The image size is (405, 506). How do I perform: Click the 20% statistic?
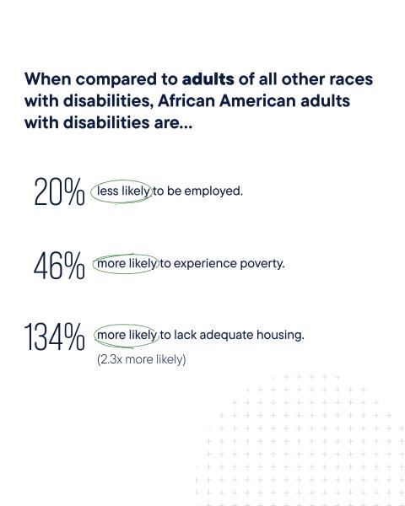click(59, 193)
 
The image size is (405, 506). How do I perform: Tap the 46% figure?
click(59, 266)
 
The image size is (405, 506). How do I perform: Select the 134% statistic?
click(55, 338)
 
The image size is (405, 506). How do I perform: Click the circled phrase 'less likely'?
click(123, 191)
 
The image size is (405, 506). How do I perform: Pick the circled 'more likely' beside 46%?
click(127, 264)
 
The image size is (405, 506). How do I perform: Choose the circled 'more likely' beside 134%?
click(127, 336)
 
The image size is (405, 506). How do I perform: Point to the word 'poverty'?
click(262, 264)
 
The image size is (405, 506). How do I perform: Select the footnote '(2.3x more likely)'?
click(142, 359)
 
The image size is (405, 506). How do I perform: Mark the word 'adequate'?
click(226, 336)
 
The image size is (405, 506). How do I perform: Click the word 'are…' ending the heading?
click(173, 122)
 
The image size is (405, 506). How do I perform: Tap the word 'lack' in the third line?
click(186, 336)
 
